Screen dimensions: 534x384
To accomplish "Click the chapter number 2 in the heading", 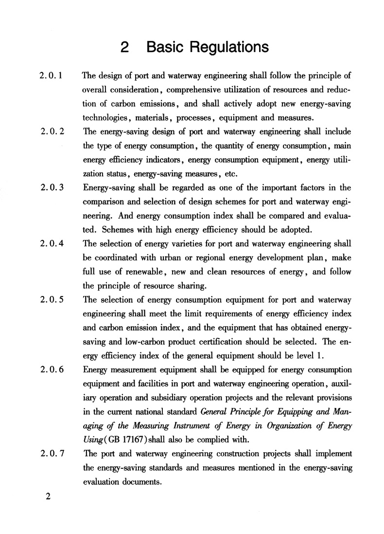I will (125, 47).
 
